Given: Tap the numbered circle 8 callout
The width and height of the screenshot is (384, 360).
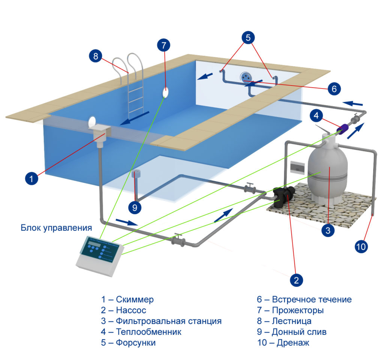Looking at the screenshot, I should pyautogui.click(x=96, y=56).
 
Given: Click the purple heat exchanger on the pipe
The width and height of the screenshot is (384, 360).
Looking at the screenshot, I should pyautogui.click(x=342, y=130).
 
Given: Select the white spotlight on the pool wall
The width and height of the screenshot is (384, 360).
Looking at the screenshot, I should pyautogui.click(x=165, y=92).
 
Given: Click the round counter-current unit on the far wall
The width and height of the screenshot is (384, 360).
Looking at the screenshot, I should pyautogui.click(x=246, y=76).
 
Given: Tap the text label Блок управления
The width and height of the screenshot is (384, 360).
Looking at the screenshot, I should pyautogui.click(x=56, y=228).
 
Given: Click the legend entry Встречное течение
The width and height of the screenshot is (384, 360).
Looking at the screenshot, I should pyautogui.click(x=311, y=300).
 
